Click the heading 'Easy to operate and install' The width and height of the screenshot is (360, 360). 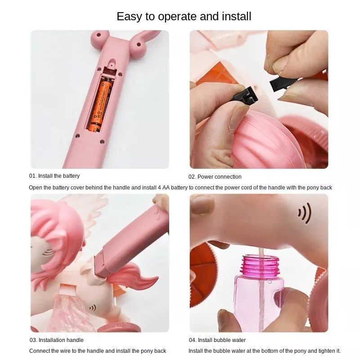184,17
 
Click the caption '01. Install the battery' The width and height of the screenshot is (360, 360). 54,176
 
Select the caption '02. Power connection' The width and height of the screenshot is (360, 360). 215,177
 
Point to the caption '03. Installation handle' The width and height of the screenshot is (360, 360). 57,340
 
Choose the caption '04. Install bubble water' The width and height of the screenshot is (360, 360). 217,340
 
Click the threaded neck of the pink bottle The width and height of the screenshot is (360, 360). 261,266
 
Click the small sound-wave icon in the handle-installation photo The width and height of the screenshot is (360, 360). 93,308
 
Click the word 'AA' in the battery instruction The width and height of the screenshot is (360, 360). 166,188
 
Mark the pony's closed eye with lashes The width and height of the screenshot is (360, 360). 48,252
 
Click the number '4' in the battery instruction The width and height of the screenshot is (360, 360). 159,188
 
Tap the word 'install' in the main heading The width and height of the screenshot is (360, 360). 237,17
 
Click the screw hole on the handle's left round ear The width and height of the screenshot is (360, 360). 99,35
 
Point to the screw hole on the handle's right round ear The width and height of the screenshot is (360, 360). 139,45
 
